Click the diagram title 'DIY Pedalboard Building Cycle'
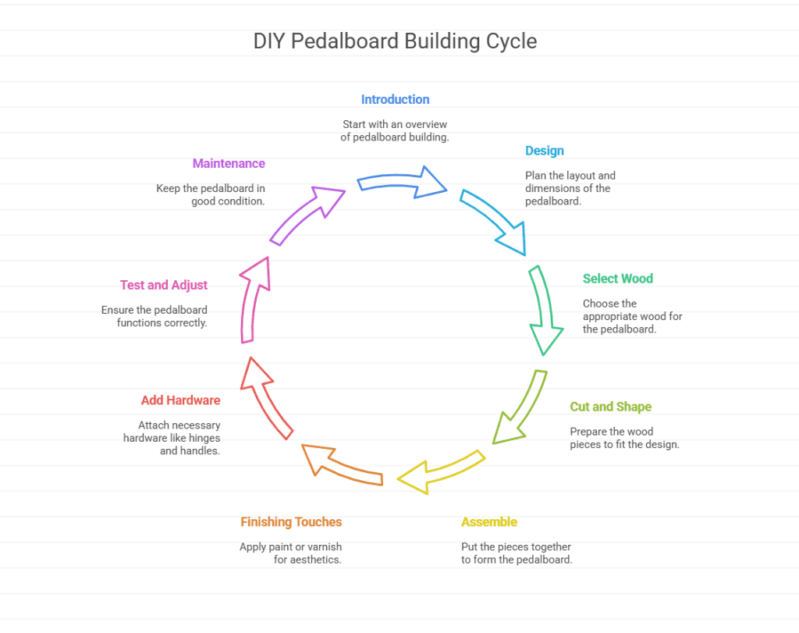tap(395, 41)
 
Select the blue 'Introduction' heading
tap(395, 100)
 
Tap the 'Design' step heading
tap(545, 151)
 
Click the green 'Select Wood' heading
tap(618, 279)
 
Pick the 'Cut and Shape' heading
tap(610, 407)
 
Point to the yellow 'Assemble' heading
tap(489, 522)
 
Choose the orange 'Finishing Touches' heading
tap(291, 522)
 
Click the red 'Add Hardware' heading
tap(180, 400)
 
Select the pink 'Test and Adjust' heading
tap(164, 286)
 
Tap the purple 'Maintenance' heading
tap(229, 164)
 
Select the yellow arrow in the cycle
tap(442, 471)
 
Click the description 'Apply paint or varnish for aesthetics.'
tap(291, 553)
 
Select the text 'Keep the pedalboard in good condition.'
tap(211, 195)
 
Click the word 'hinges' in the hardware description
tap(205, 438)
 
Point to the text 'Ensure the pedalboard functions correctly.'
tap(154, 316)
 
